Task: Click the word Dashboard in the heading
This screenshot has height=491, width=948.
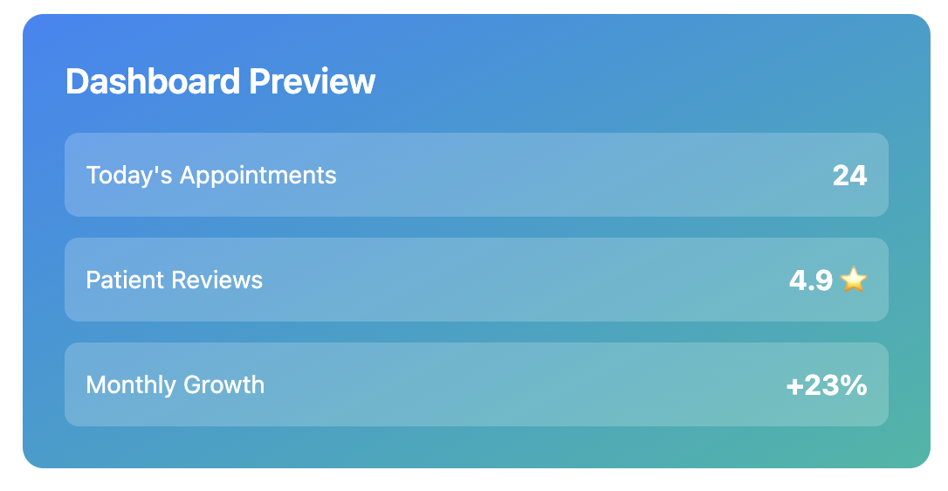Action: [153, 81]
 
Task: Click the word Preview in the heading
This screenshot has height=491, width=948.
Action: [312, 81]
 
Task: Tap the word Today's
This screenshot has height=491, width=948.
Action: [129, 176]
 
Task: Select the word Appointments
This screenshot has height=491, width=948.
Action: [258, 176]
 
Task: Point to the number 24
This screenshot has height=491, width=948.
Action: [849, 176]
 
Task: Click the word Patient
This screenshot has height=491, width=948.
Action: [125, 280]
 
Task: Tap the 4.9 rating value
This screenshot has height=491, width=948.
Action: [811, 280]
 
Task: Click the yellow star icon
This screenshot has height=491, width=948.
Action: [853, 280]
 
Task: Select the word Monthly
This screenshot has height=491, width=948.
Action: [131, 385]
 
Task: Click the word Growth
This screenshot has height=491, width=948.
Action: [223, 385]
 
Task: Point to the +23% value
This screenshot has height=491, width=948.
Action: [827, 385]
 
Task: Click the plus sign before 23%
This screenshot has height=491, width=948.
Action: [793, 387]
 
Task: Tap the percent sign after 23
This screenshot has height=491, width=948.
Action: [854, 385]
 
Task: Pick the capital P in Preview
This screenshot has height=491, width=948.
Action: [259, 81]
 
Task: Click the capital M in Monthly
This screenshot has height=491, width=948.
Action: [97, 385]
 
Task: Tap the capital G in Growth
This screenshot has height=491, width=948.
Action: [193, 385]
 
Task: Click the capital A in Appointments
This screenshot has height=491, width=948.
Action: [189, 176]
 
